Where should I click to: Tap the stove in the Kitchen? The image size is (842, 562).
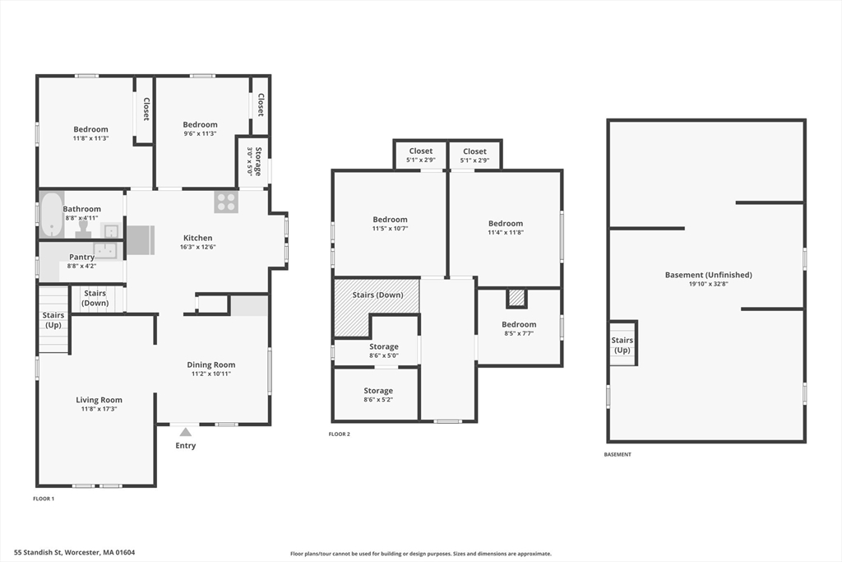point(226,202)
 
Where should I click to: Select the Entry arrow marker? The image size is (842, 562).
point(184,431)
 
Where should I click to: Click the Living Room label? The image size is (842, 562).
point(99,400)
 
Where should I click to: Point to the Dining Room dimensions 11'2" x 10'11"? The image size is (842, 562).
point(211,374)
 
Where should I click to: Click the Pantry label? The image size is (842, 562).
point(81,257)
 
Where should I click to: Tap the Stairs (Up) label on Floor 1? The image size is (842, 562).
point(53,320)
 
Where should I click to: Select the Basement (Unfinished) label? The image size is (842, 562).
point(708,275)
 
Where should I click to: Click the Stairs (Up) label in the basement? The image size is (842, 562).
point(622,345)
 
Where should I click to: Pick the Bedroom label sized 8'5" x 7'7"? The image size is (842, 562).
point(519,324)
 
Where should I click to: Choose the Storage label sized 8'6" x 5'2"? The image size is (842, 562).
point(377,391)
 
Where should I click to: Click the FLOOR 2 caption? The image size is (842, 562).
point(340,434)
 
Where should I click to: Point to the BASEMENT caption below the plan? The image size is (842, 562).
point(618,454)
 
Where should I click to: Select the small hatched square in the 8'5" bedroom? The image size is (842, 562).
point(516,298)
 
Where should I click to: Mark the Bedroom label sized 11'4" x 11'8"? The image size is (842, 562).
point(505,223)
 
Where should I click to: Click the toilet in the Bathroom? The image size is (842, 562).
point(85,225)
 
